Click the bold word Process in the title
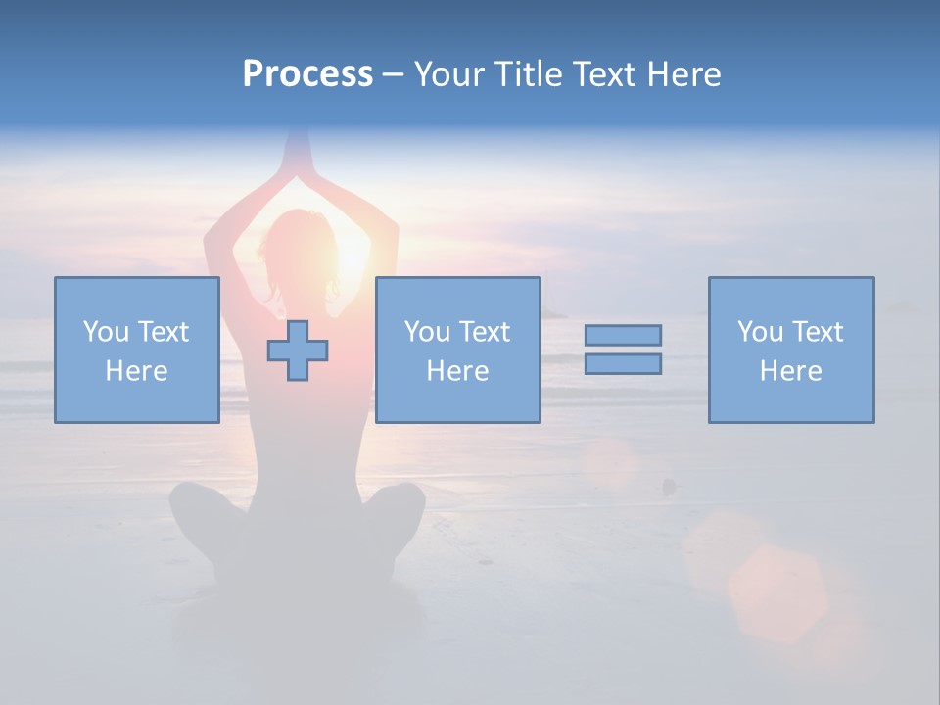307,74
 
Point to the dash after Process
393,75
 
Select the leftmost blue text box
137,350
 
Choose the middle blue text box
457,350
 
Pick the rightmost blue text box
790,350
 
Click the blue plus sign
298,351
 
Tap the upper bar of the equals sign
623,335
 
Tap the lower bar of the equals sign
623,363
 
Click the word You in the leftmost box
104,332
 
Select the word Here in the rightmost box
790,371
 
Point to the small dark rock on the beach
669,485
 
